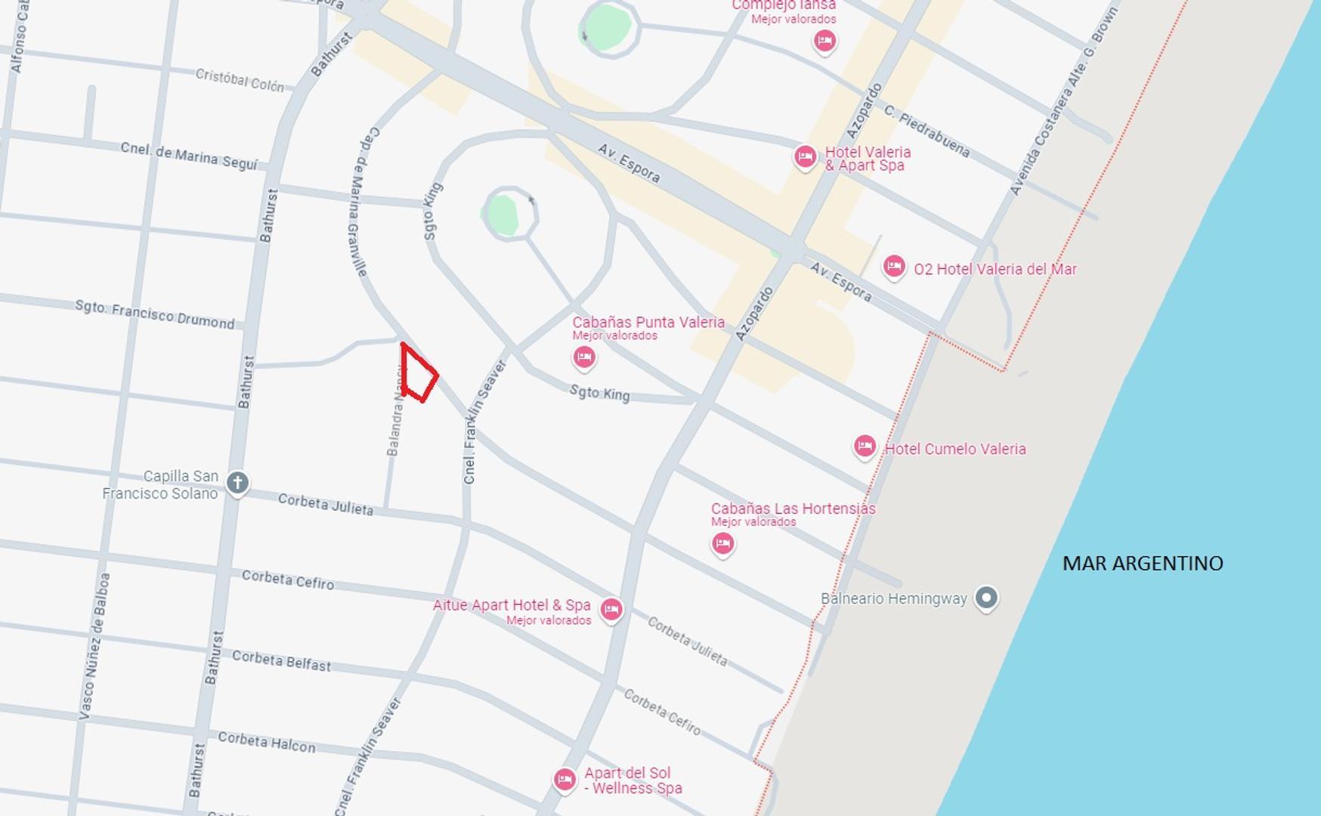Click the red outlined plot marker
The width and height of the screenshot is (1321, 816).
418,373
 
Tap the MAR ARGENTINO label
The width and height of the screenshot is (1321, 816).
1142,563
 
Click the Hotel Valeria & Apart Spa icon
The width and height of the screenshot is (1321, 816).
805,156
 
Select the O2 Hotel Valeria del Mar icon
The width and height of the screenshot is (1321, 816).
893,266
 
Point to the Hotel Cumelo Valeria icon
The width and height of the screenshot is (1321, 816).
865,447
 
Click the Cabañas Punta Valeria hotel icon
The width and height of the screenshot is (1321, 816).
583,357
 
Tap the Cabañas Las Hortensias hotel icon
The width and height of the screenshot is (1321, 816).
722,542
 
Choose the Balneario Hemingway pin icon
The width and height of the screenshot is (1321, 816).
985,598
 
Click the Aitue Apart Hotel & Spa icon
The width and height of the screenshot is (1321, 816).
611,609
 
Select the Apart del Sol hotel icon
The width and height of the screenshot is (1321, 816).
565,779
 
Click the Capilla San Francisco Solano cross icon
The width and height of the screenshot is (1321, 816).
237,482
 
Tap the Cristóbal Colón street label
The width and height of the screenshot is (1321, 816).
240,80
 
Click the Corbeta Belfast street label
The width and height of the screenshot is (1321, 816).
281,660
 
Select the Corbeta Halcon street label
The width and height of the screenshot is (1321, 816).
266,742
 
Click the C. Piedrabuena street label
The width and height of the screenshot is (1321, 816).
927,131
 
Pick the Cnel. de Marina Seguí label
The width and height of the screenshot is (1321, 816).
189,156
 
